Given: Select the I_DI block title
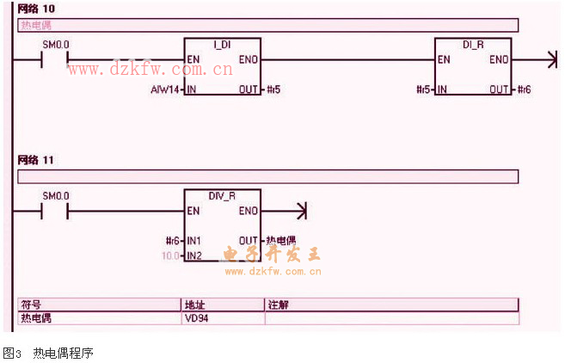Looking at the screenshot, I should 221,44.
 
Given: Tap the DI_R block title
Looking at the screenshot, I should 473,44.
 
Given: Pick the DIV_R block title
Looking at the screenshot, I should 221,195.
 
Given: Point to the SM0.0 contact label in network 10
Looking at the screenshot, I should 55,44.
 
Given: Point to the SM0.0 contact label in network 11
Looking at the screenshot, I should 55,195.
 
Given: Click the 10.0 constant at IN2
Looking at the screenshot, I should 169,256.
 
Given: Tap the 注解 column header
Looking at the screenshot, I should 277,305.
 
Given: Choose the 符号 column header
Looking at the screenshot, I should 31,305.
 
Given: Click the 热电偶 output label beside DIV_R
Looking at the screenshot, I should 280,241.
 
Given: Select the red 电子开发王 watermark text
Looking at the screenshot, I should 272,255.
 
